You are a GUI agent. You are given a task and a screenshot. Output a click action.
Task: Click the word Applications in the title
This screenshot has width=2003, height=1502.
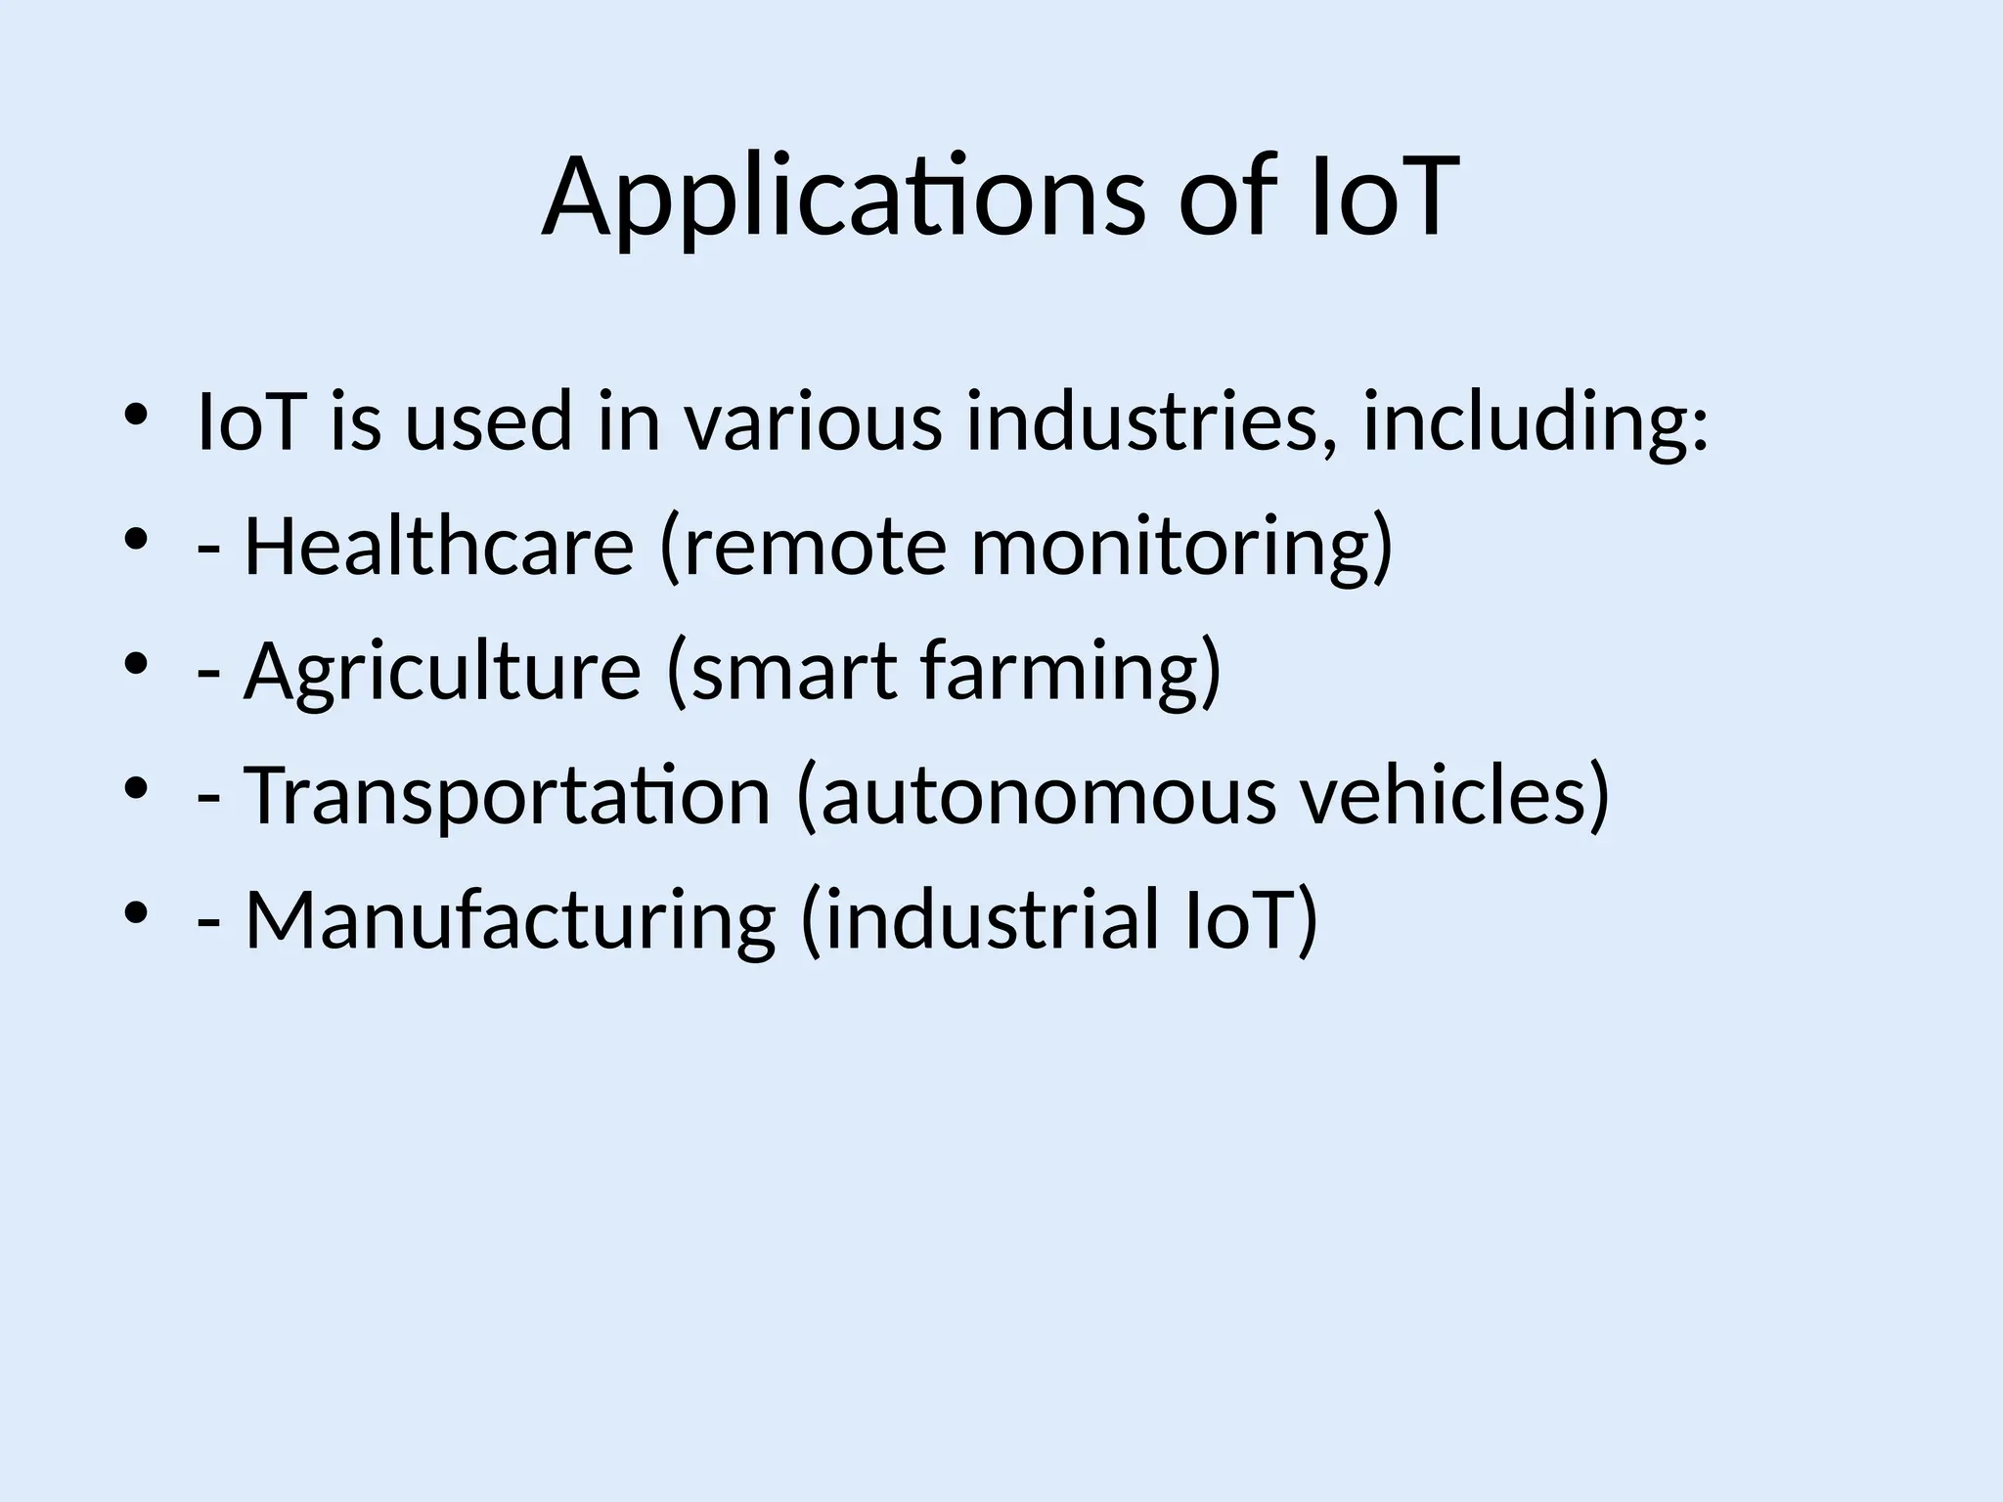841,198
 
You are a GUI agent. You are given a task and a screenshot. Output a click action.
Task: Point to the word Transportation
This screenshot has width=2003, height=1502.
507,795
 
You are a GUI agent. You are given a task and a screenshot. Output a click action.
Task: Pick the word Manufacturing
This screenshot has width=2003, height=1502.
510,920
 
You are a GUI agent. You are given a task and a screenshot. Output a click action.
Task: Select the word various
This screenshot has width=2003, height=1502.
812,421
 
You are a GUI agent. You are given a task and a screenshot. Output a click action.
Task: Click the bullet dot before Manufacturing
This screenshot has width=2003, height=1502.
136,913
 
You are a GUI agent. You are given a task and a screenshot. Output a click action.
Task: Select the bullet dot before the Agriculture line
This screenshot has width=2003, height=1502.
136,664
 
